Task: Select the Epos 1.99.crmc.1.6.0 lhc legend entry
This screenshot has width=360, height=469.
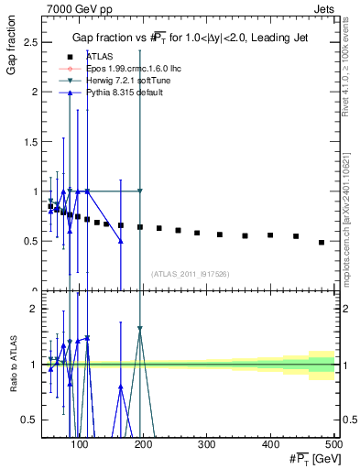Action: (x=117, y=68)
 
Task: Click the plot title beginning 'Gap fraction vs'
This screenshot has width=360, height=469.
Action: (x=191, y=38)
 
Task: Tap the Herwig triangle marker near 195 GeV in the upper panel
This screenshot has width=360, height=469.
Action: (x=140, y=191)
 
